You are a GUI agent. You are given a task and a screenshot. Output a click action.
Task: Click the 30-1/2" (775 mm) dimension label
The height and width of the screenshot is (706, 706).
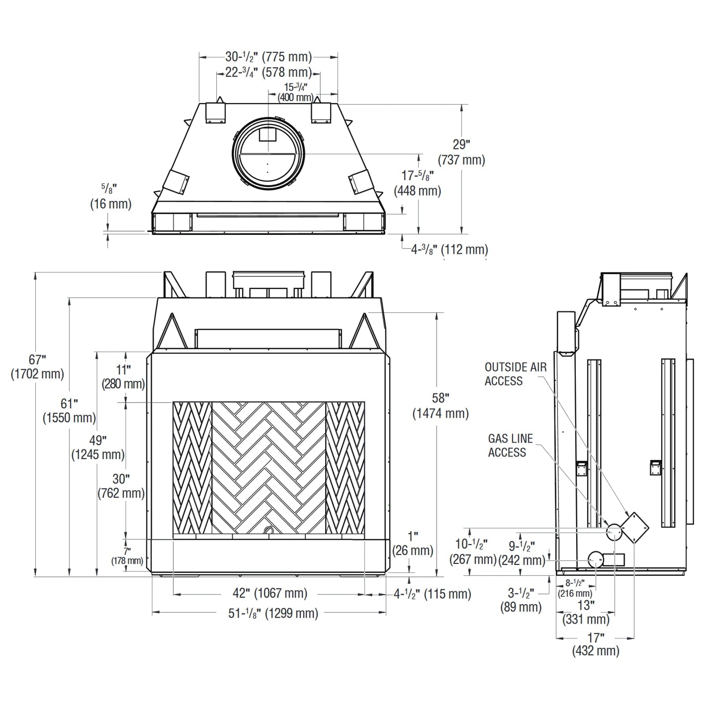coord(268,57)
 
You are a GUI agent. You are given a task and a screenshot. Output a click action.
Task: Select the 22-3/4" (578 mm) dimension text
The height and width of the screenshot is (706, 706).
coord(268,72)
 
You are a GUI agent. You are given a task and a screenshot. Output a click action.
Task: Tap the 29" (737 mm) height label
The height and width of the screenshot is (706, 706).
coord(461,152)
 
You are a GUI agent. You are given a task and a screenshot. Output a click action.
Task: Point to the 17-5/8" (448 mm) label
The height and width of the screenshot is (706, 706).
coord(417,183)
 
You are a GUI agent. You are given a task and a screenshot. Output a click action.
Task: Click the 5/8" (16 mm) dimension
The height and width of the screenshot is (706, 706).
coord(111,197)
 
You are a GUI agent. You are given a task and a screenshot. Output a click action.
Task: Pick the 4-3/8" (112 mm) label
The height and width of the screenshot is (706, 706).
coord(449,250)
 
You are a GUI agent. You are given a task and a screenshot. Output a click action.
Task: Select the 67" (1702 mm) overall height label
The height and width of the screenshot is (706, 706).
coord(38,367)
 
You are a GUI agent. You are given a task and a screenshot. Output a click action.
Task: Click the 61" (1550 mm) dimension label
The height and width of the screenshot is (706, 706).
coord(69,411)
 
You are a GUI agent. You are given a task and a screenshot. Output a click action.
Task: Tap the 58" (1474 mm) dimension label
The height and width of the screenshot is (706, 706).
coord(440,406)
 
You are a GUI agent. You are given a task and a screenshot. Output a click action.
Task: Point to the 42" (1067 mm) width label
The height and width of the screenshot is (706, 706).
coord(270,593)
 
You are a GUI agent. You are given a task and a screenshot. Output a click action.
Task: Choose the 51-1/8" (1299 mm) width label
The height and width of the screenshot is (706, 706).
coord(273,613)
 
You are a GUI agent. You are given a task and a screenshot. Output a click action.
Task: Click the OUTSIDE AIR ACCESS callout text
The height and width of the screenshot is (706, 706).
coord(515,374)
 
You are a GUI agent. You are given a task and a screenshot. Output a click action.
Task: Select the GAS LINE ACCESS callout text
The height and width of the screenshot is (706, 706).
coord(510,446)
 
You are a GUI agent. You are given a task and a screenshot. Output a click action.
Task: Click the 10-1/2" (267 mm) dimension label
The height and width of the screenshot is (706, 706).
coord(472,552)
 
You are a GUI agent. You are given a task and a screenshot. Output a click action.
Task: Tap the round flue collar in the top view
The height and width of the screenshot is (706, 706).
coord(268,154)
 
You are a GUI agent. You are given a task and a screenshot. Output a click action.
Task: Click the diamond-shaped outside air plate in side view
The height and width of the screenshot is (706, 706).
coord(635,527)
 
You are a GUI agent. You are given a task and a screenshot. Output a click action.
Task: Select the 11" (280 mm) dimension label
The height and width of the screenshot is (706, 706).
coord(123,377)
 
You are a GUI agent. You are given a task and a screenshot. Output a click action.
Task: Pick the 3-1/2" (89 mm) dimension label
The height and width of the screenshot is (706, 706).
coord(521,600)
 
